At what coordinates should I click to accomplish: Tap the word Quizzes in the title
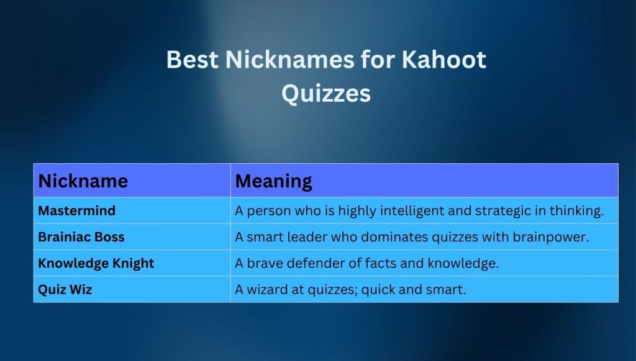[x=326, y=94]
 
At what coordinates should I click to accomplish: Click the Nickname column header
[x=83, y=181]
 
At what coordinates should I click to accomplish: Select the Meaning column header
[x=273, y=181]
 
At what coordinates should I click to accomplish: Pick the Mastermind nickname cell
[x=77, y=211]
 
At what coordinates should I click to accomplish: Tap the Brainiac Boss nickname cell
[x=81, y=237]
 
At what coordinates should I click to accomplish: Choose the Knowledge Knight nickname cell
[x=96, y=263]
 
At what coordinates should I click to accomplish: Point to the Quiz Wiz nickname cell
[x=65, y=289]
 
